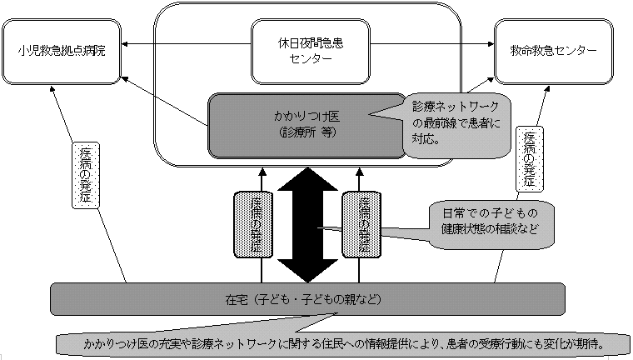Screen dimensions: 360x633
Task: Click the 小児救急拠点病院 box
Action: click(x=62, y=50)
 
